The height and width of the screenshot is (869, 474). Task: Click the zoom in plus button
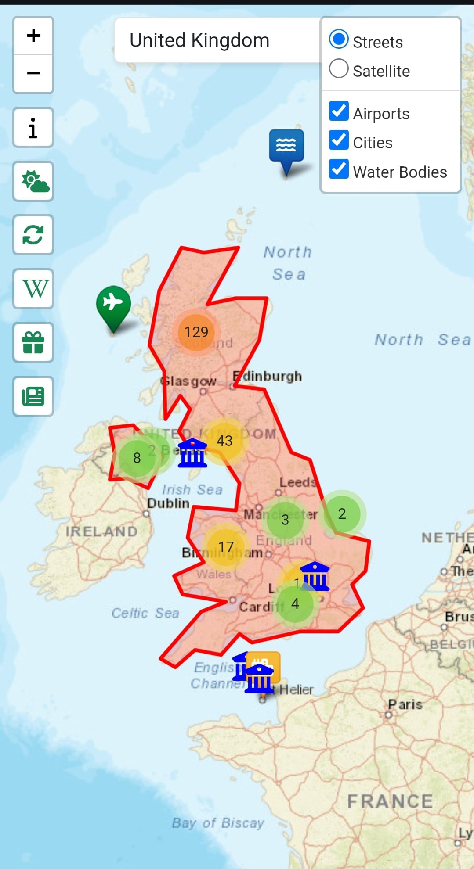pos(33,36)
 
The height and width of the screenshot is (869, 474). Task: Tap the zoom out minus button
pos(33,73)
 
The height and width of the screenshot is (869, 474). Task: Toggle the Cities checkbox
pos(339,140)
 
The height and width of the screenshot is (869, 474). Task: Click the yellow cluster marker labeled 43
pos(224,441)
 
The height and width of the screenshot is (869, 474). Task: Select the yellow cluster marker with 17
pos(226,547)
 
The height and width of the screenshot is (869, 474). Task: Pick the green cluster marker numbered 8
pos(137,458)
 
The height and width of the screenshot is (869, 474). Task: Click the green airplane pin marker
pos(113,305)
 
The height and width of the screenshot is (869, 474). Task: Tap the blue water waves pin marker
pos(286,147)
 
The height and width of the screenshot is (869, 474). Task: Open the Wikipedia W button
pos(33,289)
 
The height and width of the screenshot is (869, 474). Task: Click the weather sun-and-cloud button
pos(33,181)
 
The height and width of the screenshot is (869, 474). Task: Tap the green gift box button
pos(33,343)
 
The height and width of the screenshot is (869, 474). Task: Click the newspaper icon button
pos(33,396)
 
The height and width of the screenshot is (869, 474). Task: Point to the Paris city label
pos(405,704)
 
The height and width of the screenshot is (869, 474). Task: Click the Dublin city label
pos(168,503)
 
